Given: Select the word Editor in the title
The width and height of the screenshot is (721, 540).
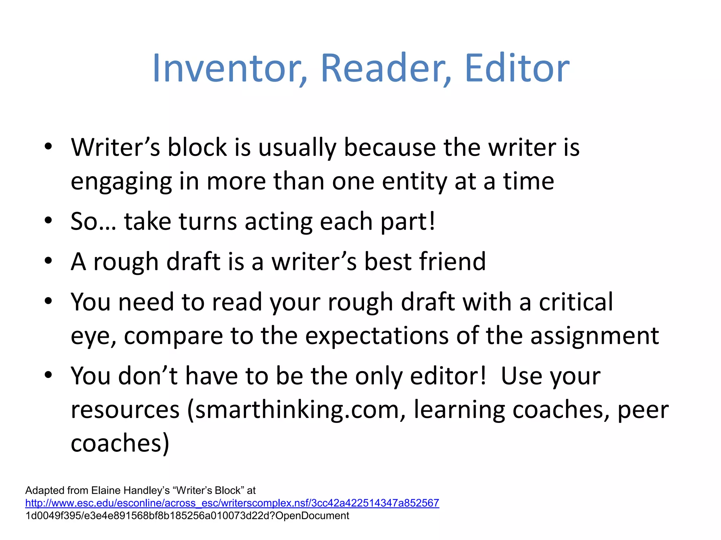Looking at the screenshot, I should click(x=516, y=68).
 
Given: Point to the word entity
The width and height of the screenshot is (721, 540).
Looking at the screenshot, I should click(x=414, y=181).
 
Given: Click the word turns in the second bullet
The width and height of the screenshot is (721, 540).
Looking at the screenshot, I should click(x=208, y=222).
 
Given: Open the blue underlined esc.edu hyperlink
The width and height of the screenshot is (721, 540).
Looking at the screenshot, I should click(x=232, y=503).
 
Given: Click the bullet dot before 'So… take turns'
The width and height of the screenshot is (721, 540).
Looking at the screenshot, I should click(x=48, y=221).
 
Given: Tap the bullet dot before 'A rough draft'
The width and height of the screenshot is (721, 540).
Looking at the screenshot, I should click(x=48, y=261).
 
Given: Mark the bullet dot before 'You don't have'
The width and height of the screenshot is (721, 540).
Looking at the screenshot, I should click(x=48, y=375).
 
